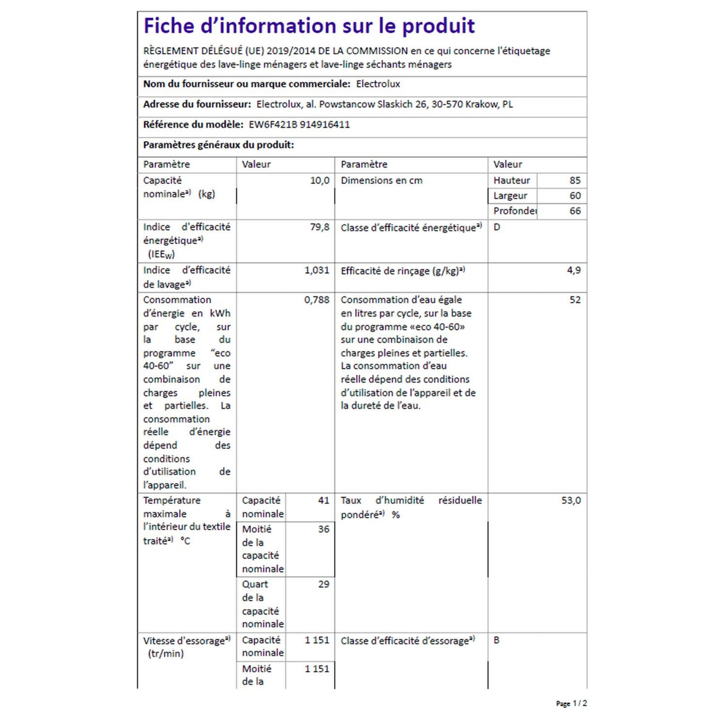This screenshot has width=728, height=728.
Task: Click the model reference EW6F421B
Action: (273, 125)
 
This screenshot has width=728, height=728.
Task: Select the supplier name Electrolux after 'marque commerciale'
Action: (378, 84)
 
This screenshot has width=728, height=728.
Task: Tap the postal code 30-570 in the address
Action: (447, 105)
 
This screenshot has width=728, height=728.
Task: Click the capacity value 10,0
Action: (320, 181)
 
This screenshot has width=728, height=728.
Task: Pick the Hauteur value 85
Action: (575, 181)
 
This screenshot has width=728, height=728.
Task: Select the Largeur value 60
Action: (575, 196)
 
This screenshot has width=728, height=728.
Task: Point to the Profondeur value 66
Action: (575, 211)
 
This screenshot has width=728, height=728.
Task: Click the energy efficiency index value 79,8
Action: (320, 227)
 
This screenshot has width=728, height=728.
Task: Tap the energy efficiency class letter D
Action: (497, 227)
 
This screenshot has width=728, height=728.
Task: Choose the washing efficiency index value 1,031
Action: (316, 270)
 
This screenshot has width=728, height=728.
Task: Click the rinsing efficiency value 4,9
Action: (573, 270)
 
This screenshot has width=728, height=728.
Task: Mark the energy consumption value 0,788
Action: (316, 300)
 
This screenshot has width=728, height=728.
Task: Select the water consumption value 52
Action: (575, 300)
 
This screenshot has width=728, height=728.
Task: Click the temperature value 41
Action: (323, 500)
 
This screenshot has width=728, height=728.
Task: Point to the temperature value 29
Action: (323, 584)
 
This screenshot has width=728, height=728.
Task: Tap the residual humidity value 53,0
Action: (571, 500)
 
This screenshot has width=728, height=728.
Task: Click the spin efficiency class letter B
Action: (496, 640)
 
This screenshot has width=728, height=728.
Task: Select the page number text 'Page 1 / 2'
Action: (571, 703)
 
